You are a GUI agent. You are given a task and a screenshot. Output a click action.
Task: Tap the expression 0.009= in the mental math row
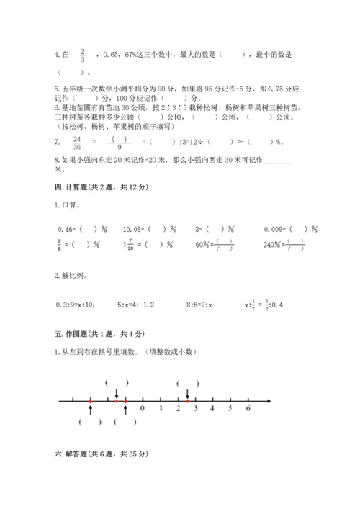click(x=280, y=230)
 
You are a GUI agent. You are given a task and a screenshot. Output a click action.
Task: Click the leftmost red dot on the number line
click(x=90, y=400)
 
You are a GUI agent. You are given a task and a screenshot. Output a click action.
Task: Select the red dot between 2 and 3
click(x=188, y=400)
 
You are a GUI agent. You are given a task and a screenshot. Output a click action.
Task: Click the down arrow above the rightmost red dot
click(x=188, y=392)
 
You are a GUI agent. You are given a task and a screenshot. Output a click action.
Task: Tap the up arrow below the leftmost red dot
click(x=90, y=409)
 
